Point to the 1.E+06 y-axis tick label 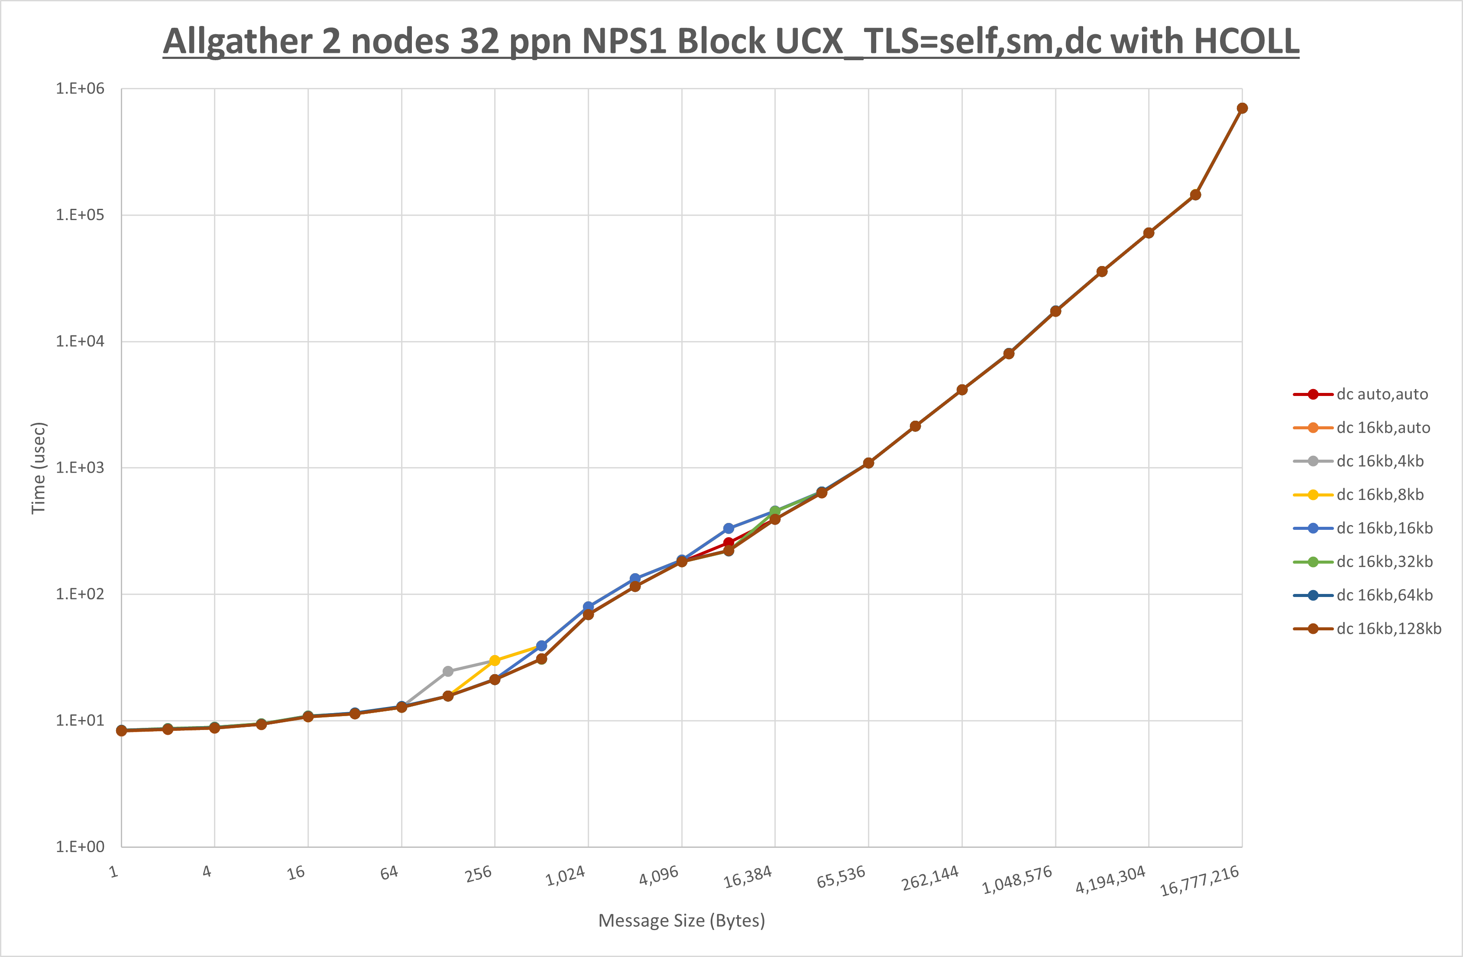[x=80, y=88]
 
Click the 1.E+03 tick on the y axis [x=80, y=467]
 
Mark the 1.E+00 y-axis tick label [x=80, y=847]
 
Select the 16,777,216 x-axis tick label [x=1199, y=881]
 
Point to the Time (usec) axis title [x=39, y=467]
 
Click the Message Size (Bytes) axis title [x=681, y=921]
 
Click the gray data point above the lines [x=448, y=671]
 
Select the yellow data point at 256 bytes [x=495, y=661]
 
